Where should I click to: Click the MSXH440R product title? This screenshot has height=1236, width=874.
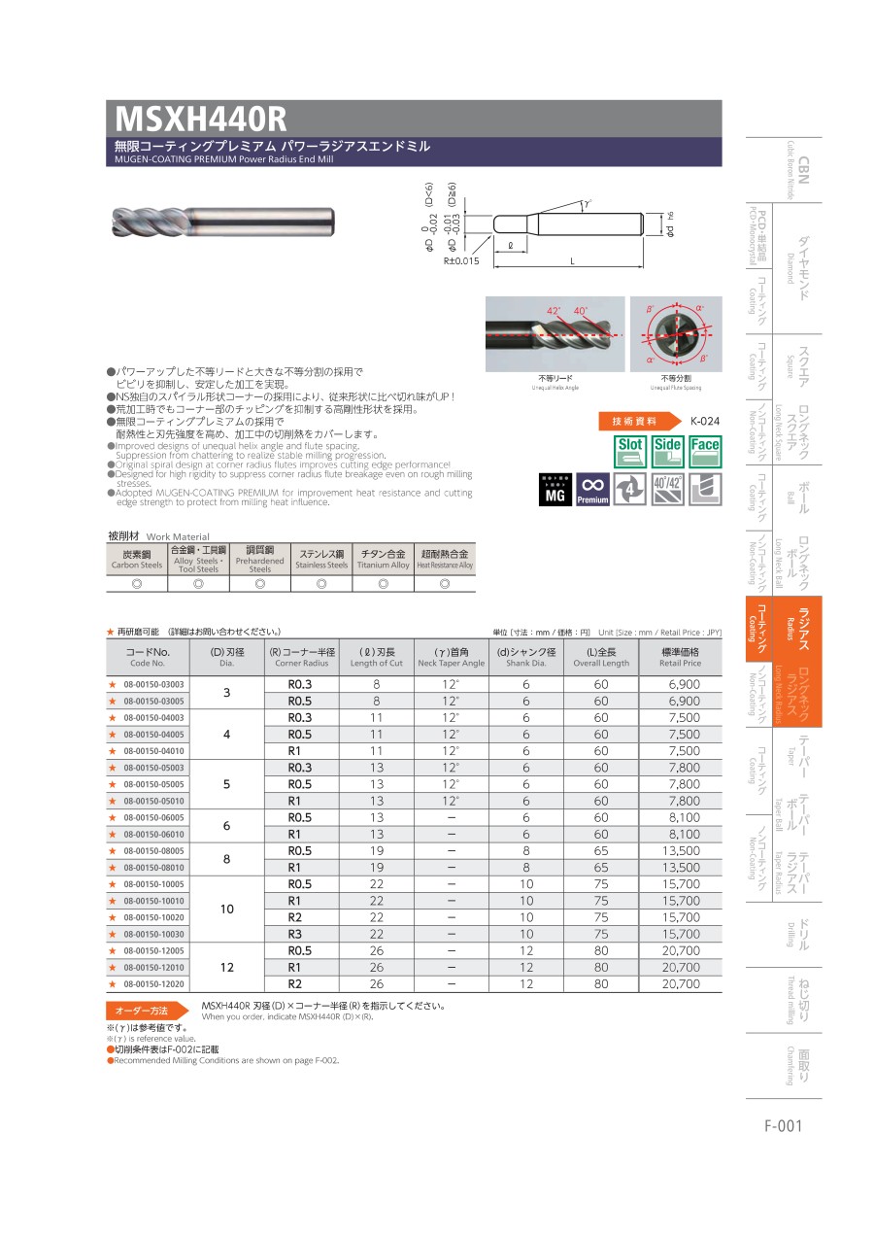pos(202,119)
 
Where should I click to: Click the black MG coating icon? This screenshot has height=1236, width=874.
pos(555,490)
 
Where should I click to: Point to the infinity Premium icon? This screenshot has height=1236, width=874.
pos(592,490)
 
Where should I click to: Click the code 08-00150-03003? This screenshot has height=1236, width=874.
pos(153,685)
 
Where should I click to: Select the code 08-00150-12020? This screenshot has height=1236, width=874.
pos(153,984)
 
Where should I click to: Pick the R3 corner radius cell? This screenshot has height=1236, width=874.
pos(300,934)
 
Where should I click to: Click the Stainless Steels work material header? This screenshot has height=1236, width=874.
pos(321,559)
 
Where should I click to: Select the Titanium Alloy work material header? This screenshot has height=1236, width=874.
pos(383,559)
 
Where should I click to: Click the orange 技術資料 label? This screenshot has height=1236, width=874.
pos(634,421)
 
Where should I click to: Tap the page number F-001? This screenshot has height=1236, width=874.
pos(783,1126)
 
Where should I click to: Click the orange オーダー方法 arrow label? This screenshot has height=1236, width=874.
pos(146,1011)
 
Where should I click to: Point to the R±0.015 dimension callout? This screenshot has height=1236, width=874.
pos(461,261)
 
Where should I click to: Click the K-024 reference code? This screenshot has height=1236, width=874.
pos(704,421)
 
